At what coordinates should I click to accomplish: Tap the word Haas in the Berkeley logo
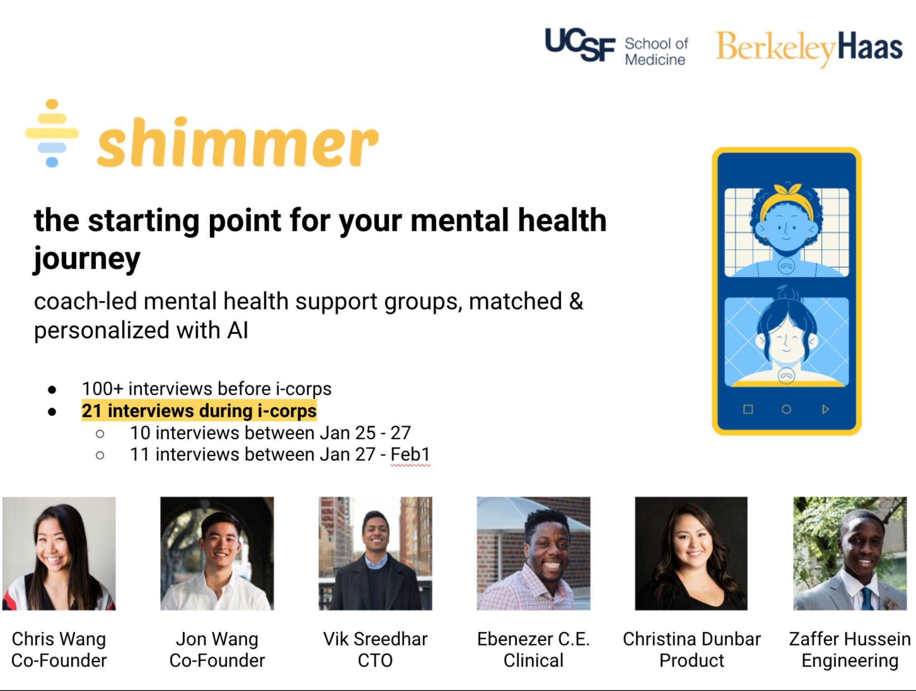click(870, 47)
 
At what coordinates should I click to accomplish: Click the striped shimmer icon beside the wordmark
click(52, 133)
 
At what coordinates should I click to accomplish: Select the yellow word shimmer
click(238, 143)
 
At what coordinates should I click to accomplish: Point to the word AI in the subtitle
click(238, 330)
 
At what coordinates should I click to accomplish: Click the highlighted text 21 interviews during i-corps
click(199, 411)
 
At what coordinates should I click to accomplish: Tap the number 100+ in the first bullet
click(102, 389)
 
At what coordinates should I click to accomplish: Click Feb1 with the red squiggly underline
click(410, 454)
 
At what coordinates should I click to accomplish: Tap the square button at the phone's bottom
click(748, 409)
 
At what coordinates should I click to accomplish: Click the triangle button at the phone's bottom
click(825, 409)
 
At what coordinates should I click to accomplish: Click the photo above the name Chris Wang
click(59, 554)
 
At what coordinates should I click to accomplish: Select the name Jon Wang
click(217, 639)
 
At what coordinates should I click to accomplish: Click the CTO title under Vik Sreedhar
click(375, 661)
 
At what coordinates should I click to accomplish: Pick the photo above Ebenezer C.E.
click(533, 554)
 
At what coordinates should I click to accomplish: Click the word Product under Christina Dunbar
click(692, 661)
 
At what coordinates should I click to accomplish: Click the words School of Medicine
click(656, 52)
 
